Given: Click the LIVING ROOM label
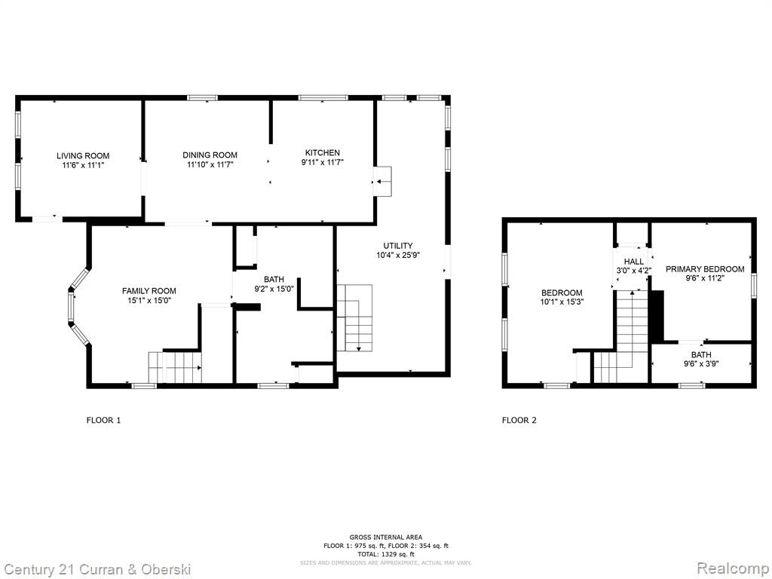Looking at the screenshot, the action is [83, 156].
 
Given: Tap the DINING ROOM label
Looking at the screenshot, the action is [210, 155].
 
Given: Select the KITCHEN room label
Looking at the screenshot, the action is [323, 152].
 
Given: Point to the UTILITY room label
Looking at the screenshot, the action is [398, 246].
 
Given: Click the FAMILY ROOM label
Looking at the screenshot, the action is [149, 291].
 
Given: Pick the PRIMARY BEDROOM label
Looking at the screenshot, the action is [705, 269].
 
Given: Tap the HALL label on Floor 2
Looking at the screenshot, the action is [633, 262].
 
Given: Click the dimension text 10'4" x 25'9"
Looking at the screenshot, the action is [398, 255].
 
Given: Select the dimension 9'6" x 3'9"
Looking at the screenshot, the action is [701, 364].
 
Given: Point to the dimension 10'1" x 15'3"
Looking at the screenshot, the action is [562, 302].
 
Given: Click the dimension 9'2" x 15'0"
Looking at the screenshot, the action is [274, 289].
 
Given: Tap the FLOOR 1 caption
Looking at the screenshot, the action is [103, 420].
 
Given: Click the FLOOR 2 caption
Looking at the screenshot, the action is [519, 420].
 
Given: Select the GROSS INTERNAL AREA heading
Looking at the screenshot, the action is [385, 537].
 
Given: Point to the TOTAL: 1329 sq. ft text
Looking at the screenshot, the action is [385, 554].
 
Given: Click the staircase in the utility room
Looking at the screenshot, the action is [354, 318].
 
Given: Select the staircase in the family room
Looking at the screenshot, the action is [175, 367].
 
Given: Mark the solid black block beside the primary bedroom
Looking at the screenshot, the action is [657, 315].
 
